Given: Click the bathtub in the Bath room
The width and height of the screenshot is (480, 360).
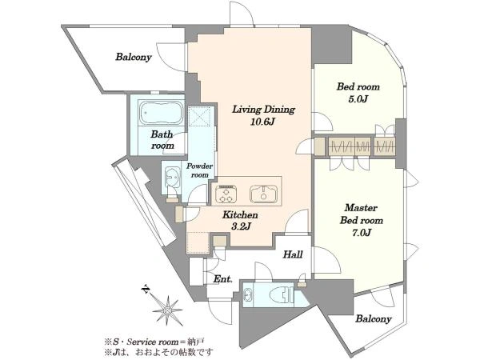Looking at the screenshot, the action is pyautogui.click(x=162, y=112).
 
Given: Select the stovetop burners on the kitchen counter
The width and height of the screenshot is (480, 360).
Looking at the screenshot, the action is pyautogui.click(x=226, y=194).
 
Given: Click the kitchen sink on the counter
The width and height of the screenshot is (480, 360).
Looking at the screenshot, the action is pyautogui.click(x=263, y=194).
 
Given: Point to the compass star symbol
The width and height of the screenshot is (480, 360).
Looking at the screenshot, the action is pyautogui.click(x=167, y=310).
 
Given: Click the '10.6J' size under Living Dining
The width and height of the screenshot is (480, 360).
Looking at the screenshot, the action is pyautogui.click(x=262, y=122).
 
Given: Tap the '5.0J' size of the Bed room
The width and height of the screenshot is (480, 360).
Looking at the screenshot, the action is pyautogui.click(x=358, y=99).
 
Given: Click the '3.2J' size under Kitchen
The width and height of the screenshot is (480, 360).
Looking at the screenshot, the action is pyautogui.click(x=241, y=226).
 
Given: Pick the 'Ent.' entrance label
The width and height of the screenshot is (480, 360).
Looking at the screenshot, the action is pyautogui.click(x=222, y=279).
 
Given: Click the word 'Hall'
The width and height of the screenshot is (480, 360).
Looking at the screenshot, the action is pyautogui.click(x=293, y=254).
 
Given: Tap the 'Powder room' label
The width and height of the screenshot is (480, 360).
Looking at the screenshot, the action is pyautogui.click(x=199, y=170).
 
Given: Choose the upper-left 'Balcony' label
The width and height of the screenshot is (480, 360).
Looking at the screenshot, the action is pyautogui.click(x=134, y=57).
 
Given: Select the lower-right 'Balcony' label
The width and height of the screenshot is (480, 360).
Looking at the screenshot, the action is pyautogui.click(x=374, y=318).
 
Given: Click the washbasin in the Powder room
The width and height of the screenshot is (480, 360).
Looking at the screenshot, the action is pyautogui.click(x=172, y=177).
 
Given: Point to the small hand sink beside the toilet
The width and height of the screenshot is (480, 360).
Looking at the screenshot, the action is pyautogui.click(x=248, y=294).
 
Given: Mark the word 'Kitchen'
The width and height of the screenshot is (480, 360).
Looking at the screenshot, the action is pyautogui.click(x=240, y=214).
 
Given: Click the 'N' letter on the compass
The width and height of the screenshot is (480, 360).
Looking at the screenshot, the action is pyautogui.click(x=146, y=288).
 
